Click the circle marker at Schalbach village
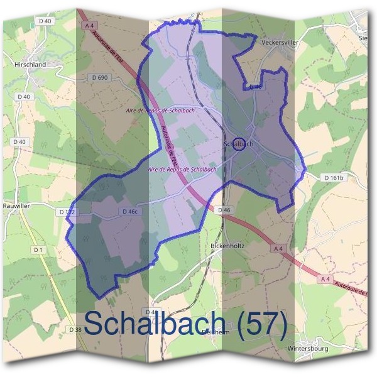[239, 144]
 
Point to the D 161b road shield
[334, 178]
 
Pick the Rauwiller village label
[17, 205]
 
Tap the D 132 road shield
[67, 212]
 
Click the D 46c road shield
[130, 212]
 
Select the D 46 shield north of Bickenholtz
[225, 209]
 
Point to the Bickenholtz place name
[227, 246]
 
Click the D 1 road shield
[39, 250]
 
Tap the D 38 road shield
[75, 329]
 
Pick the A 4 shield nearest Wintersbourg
[325, 278]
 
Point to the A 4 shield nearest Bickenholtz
[277, 249]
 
